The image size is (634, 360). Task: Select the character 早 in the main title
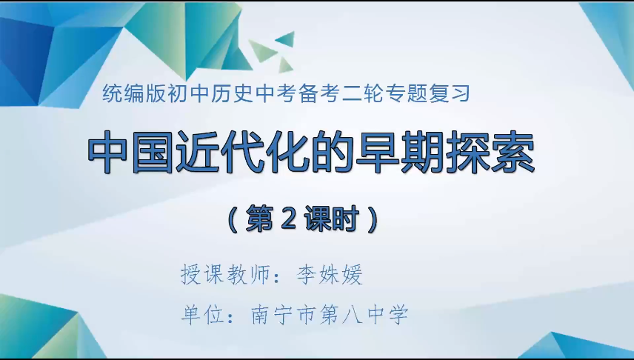[x=377, y=154]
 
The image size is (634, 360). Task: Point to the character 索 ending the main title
[x=510, y=154]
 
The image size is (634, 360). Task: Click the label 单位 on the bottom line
[x=201, y=316]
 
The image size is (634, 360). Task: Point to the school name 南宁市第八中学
[x=330, y=316]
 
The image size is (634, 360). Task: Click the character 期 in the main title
[x=421, y=154]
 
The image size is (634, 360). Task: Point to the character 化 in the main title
[x=288, y=154]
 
